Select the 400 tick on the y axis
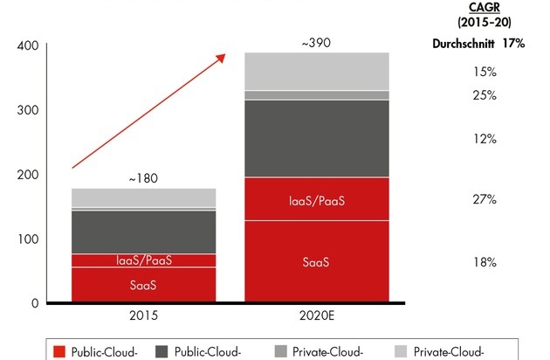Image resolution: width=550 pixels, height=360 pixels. [29, 46]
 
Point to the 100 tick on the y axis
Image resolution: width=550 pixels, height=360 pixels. [29, 239]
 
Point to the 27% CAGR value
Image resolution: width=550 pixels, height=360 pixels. [485, 200]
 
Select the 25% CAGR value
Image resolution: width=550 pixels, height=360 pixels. [485, 94]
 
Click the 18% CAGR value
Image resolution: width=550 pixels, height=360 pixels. [485, 261]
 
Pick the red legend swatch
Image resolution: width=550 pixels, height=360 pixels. [60, 351]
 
